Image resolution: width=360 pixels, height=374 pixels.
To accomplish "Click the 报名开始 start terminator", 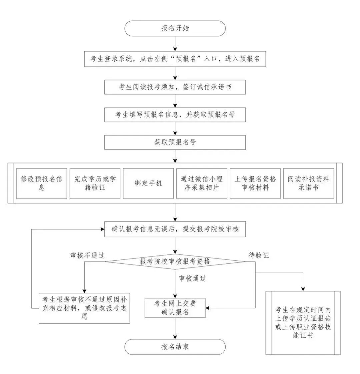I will pyautogui.click(x=175, y=28).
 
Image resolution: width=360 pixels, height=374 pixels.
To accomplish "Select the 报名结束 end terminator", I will pyautogui.click(x=175, y=347).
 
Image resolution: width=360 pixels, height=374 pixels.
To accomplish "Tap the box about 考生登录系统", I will pyautogui.click(x=175, y=59).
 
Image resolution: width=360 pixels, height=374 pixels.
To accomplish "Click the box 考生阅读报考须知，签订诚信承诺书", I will pyautogui.click(x=175, y=87).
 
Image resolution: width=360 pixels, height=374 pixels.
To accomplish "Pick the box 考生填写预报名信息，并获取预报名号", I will pyautogui.click(x=175, y=115).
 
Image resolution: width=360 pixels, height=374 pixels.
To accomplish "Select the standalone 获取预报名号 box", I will pyautogui.click(x=175, y=142).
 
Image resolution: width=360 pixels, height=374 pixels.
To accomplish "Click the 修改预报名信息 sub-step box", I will pyautogui.click(x=42, y=183).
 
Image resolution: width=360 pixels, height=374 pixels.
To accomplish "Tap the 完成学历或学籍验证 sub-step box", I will pyautogui.click(x=95, y=183).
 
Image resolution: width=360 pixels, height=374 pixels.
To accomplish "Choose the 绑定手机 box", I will pyautogui.click(x=148, y=183).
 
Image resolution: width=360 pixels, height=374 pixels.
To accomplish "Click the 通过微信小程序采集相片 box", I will pyautogui.click(x=202, y=183).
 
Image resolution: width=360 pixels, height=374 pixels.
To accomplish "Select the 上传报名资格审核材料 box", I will pyautogui.click(x=255, y=183).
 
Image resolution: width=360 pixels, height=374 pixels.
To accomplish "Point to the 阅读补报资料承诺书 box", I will pyautogui.click(x=308, y=183).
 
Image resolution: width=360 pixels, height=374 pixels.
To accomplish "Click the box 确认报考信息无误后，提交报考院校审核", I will pyautogui.click(x=175, y=229).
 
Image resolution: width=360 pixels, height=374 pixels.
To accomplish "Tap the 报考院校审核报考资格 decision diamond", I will pyautogui.click(x=175, y=261).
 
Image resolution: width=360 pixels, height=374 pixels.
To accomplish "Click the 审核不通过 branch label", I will pyautogui.click(x=87, y=255).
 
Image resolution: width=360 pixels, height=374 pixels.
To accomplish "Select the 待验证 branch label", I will pyautogui.click(x=259, y=255).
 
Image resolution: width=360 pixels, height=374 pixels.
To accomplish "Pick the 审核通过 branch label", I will pyautogui.click(x=192, y=278).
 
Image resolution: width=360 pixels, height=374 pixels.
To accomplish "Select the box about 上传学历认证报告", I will pyautogui.click(x=303, y=322).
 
